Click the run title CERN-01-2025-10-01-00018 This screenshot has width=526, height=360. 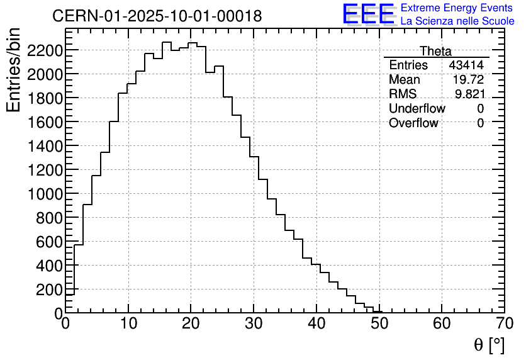tap(157, 16)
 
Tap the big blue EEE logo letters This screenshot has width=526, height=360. tap(368, 15)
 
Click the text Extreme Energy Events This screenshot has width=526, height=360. tap(456, 8)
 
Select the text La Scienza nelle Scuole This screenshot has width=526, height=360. tap(457, 21)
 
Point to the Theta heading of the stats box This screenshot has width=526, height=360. tap(435, 51)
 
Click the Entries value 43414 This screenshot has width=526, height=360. tap(466, 65)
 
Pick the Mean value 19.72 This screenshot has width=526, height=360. tap(468, 80)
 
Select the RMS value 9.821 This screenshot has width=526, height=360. tap(469, 94)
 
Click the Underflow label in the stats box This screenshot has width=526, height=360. tap(417, 109)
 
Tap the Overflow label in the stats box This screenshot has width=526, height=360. tap(413, 123)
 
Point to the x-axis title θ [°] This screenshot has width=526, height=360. tap(489, 345)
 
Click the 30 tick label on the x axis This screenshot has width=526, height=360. tap(254, 325)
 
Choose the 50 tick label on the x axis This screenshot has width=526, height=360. tap(379, 325)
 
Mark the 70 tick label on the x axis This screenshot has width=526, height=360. tap(504, 325)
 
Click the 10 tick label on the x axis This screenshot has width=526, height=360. tap(128, 325)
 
